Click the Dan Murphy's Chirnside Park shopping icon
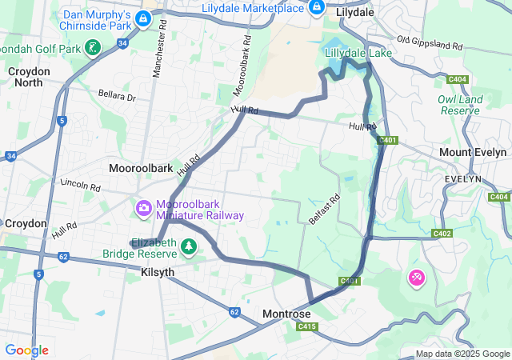143,18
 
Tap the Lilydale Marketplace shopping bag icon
317,8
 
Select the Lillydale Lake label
358,53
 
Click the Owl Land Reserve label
460,105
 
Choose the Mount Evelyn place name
473,152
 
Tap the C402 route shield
442,234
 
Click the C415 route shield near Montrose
305,326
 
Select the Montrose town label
286,314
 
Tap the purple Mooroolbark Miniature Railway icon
144,209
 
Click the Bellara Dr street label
118,97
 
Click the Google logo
26,350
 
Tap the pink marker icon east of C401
417,278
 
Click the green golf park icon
94,48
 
